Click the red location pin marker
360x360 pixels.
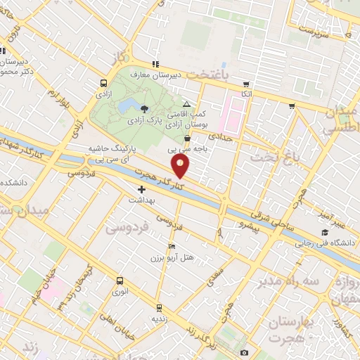[181, 166]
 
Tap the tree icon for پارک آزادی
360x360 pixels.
[144, 108]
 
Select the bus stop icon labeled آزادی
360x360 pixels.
[105, 82]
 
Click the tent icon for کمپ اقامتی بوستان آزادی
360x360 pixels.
[186, 104]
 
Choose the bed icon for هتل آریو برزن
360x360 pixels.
[172, 247]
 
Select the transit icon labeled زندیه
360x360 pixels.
[159, 307]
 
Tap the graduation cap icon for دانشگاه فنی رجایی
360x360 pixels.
[324, 233]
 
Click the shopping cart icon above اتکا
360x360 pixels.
[245, 83]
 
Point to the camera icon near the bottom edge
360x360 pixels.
[244, 352]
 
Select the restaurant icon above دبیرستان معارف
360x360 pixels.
[155, 65]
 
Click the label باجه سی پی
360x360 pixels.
[182, 148]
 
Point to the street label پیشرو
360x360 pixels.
[251, 227]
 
